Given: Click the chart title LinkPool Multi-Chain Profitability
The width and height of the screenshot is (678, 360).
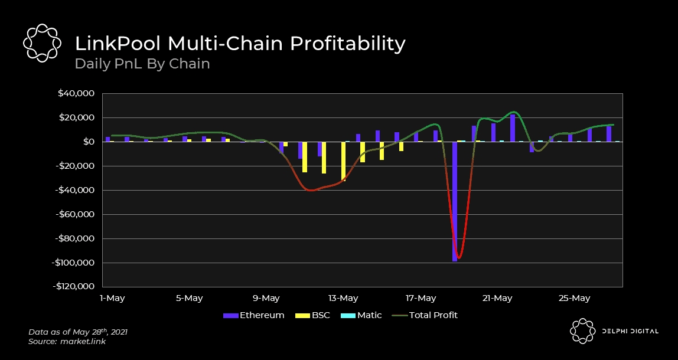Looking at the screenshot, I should point(240,44).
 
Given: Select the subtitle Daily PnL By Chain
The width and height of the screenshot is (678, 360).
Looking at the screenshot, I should point(142,63).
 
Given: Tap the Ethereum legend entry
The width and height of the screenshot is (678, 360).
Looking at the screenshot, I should point(254,315).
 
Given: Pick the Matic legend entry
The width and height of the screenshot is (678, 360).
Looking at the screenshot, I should point(361,315).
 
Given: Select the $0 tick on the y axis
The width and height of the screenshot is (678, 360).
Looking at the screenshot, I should point(89,142).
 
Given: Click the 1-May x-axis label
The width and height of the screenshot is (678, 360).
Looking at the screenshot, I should point(112,298).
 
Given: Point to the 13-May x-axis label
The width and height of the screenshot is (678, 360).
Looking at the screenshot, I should point(343,298).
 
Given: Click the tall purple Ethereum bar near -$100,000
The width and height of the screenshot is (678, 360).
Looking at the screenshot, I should point(455,201).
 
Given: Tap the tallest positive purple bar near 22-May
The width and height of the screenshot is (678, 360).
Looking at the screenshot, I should point(512,128).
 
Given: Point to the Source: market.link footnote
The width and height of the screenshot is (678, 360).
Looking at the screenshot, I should point(67,342).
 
